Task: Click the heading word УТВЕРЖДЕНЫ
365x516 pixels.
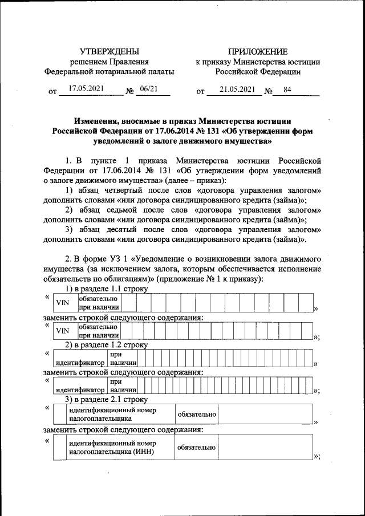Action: click(x=109, y=51)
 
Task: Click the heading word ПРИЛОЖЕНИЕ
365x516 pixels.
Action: click(x=257, y=51)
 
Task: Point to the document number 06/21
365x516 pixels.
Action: click(x=148, y=88)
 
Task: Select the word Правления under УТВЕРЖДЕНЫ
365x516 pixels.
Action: click(x=129, y=62)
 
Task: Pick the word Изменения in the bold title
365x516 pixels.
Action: click(x=98, y=120)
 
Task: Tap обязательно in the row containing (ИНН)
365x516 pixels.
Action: click(x=196, y=447)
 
